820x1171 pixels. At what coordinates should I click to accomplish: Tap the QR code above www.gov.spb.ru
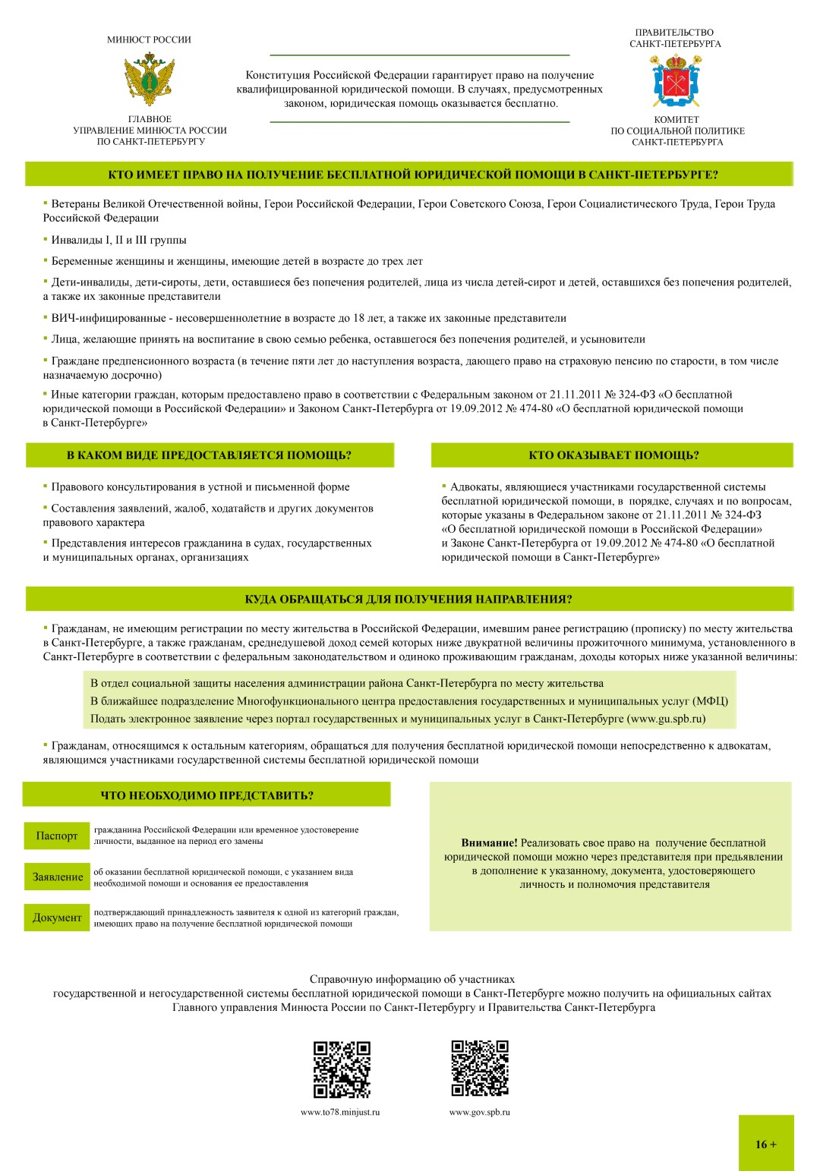coord(479,1068)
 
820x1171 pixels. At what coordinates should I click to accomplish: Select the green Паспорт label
coord(57,836)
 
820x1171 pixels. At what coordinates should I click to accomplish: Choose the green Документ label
coord(57,918)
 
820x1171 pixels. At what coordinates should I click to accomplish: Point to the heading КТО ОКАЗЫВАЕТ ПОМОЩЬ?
coord(613,455)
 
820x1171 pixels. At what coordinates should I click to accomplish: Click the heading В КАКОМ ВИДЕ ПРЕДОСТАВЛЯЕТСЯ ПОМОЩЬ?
coord(210,455)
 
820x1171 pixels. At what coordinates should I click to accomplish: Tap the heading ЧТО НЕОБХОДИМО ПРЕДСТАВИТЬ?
coord(207,795)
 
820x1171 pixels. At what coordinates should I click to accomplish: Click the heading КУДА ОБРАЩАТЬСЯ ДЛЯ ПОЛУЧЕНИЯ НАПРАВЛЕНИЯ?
coord(408,599)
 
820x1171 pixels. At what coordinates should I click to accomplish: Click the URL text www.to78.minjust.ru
coord(340,1112)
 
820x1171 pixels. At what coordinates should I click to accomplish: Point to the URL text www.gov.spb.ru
coord(479,1112)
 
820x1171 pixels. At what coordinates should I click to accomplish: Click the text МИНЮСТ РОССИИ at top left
coord(149,39)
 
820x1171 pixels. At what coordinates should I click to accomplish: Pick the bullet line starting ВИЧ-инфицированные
coord(304,318)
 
